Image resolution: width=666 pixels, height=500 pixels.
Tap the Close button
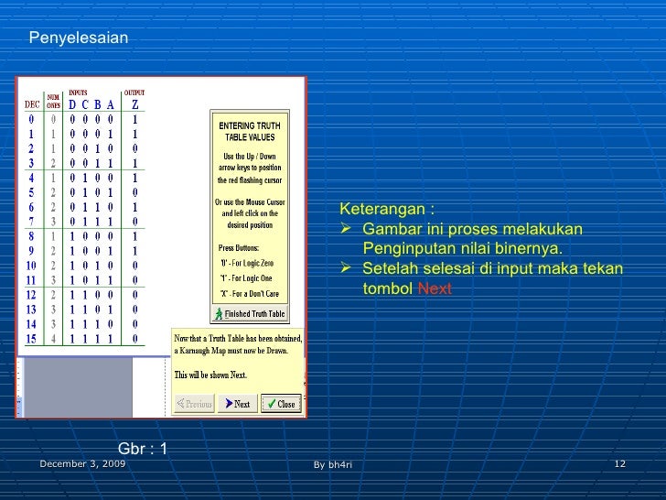(x=281, y=404)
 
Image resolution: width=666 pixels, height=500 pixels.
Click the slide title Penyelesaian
(x=79, y=38)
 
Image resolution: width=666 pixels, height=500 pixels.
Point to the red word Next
(x=435, y=288)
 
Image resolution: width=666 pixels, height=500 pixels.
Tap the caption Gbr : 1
(x=144, y=449)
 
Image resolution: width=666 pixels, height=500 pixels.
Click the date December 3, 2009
(x=82, y=464)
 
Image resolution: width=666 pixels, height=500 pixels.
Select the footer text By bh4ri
(x=332, y=465)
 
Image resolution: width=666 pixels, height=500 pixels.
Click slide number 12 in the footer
(x=619, y=464)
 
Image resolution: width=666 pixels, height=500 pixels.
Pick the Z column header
(x=135, y=104)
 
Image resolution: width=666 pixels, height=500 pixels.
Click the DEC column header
(x=32, y=104)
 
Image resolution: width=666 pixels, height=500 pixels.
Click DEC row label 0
(x=32, y=119)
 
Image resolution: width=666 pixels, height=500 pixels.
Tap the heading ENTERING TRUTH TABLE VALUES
(x=250, y=131)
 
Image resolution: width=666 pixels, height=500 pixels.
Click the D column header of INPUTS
(x=73, y=104)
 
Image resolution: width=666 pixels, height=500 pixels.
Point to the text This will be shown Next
(x=210, y=375)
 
